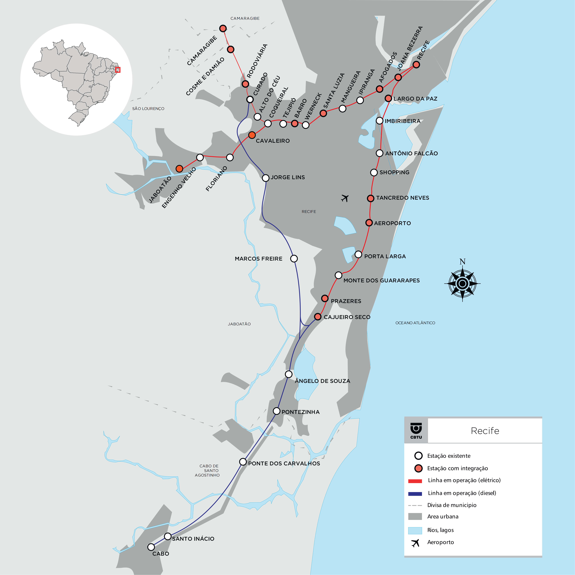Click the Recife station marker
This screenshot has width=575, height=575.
coord(416,65)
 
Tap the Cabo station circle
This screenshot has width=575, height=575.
coord(151,547)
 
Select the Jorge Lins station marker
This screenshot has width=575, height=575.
coord(265,178)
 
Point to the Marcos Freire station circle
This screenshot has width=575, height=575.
coord(294,259)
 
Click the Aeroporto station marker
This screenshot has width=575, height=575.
coord(369,223)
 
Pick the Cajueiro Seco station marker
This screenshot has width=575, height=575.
coord(318,317)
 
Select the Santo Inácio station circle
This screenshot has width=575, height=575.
coord(168,536)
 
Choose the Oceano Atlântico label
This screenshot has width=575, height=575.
coord(415,323)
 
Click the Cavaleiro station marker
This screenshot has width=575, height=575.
coord(252,135)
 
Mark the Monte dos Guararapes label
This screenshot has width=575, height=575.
coord(382,280)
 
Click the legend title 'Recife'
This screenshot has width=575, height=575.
coord(485,431)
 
